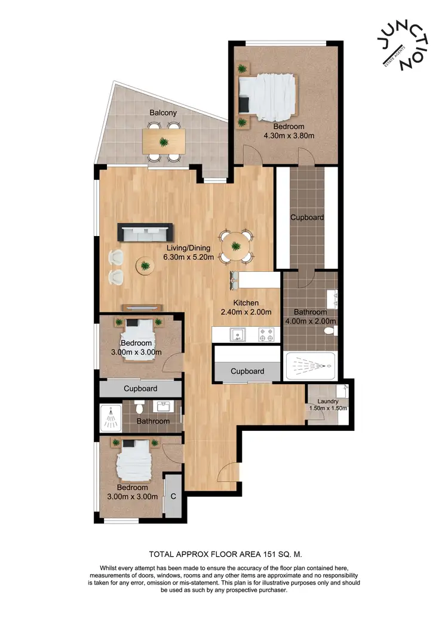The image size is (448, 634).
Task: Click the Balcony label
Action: (x=162, y=112)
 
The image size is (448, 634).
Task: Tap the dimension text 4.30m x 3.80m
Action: (x=289, y=136)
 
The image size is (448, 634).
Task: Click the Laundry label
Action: (x=328, y=401)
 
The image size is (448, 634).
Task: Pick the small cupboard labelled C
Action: (x=173, y=495)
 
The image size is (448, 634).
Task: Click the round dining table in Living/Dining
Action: (x=237, y=246)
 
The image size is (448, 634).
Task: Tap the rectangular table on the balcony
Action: (x=164, y=142)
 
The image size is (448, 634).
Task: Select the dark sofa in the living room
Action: (x=145, y=232)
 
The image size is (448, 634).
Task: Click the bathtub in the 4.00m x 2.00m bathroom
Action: (x=310, y=366)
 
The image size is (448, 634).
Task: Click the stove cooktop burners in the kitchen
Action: (x=266, y=334)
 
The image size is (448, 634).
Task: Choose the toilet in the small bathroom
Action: (x=139, y=408)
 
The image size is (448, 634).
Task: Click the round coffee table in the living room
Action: (x=145, y=265)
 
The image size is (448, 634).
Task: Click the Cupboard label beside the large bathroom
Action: (x=307, y=218)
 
